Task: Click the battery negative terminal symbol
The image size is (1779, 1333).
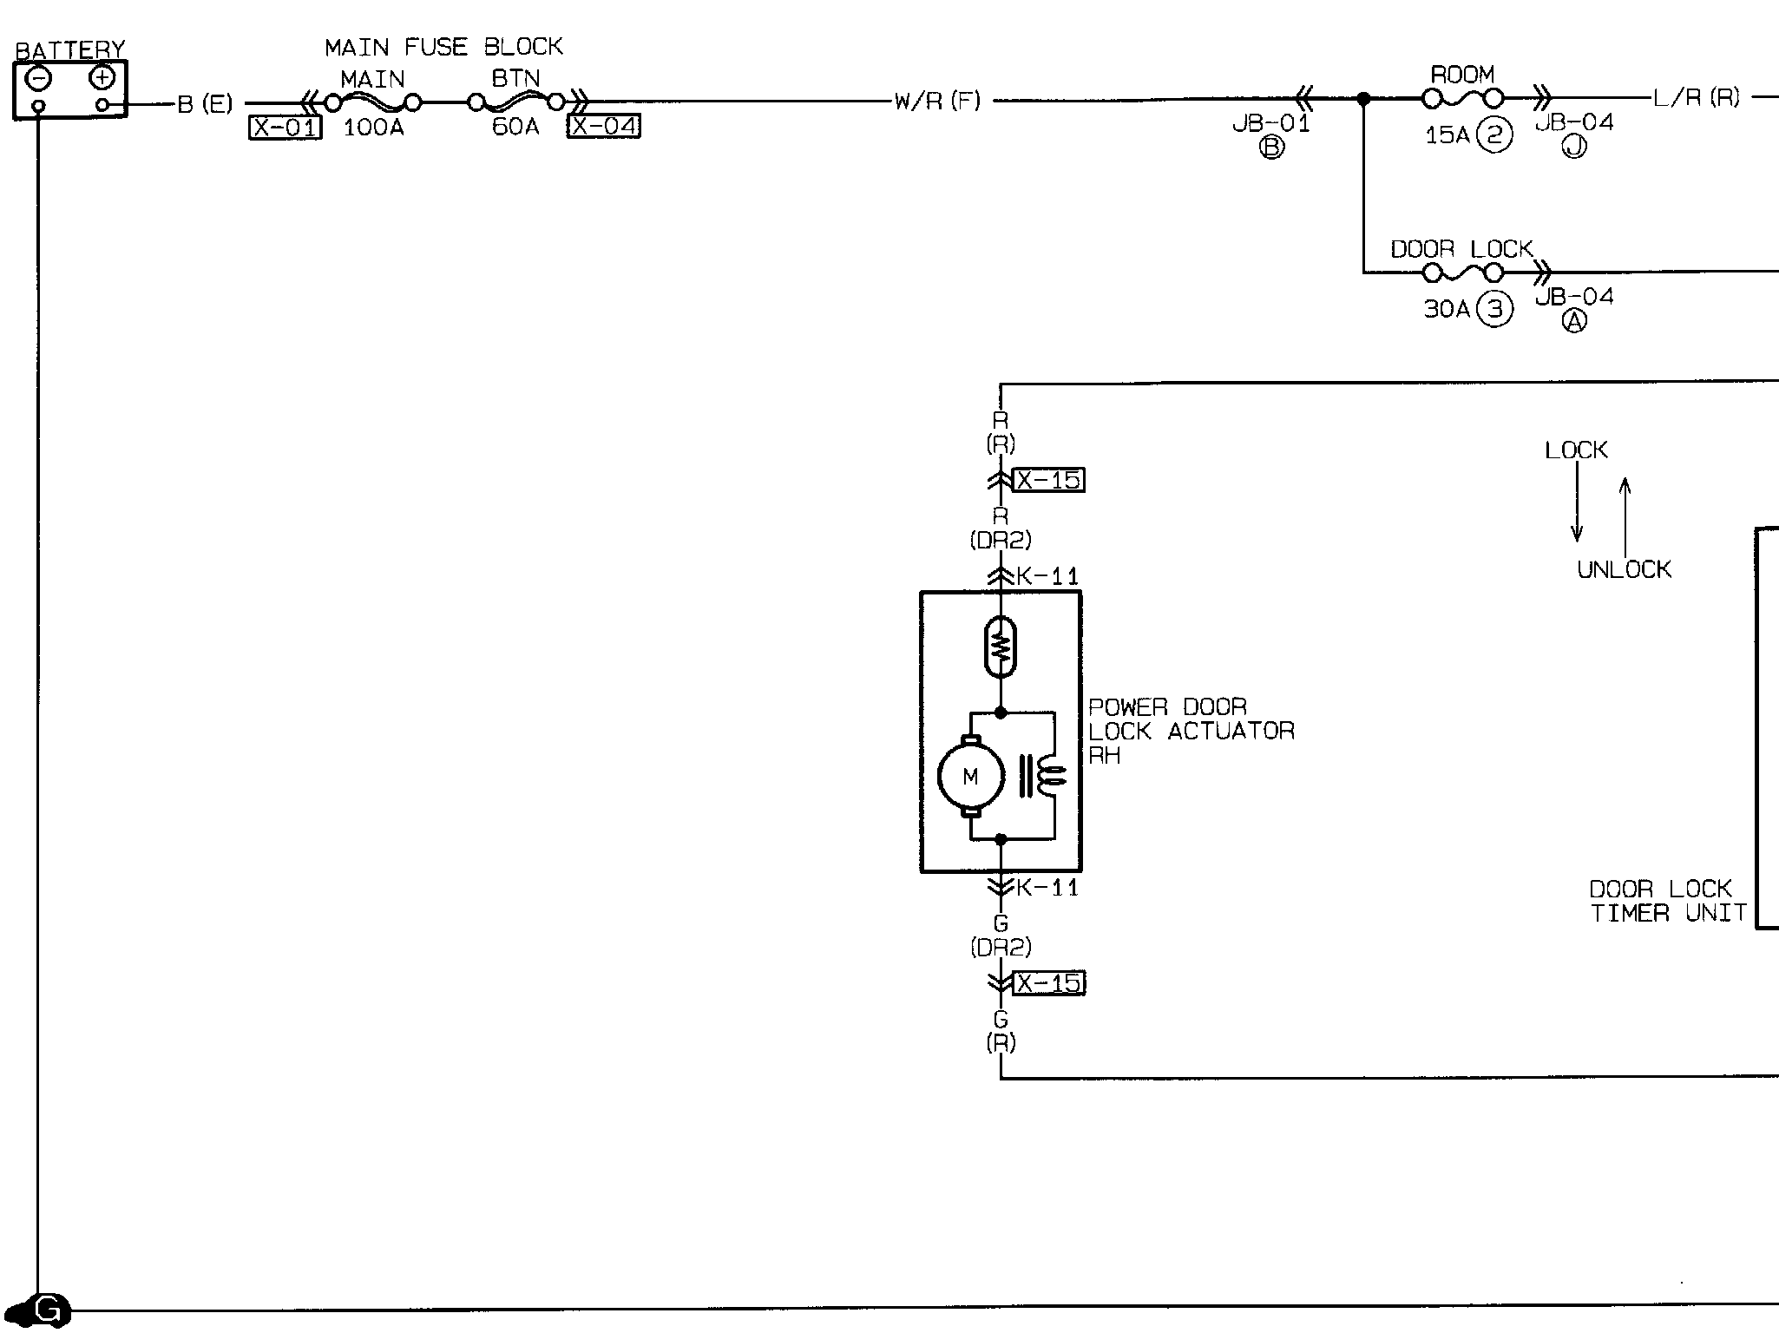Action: (x=38, y=79)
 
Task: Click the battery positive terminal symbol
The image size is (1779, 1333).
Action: (x=102, y=79)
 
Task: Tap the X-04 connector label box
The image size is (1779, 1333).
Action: (x=604, y=127)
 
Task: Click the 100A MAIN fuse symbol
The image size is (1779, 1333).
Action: (x=373, y=103)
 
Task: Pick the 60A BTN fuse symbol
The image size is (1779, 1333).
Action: (x=516, y=102)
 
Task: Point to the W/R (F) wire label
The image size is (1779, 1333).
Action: (x=938, y=102)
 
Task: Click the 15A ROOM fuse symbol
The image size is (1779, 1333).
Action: (x=1463, y=100)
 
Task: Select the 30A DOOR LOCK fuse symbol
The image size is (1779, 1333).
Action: (x=1463, y=273)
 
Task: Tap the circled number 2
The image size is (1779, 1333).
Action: (x=1495, y=135)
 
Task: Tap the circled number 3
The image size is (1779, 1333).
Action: (x=1495, y=309)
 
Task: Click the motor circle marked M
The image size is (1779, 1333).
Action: (x=971, y=777)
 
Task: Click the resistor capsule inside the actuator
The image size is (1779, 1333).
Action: (x=1001, y=647)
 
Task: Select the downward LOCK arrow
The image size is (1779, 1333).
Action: (x=1577, y=502)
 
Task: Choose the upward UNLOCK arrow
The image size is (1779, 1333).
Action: (x=1625, y=516)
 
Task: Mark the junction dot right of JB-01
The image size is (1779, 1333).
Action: (x=1363, y=100)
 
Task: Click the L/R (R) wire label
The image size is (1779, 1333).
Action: (x=1697, y=98)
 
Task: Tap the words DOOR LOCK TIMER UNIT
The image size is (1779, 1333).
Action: (x=1667, y=901)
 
